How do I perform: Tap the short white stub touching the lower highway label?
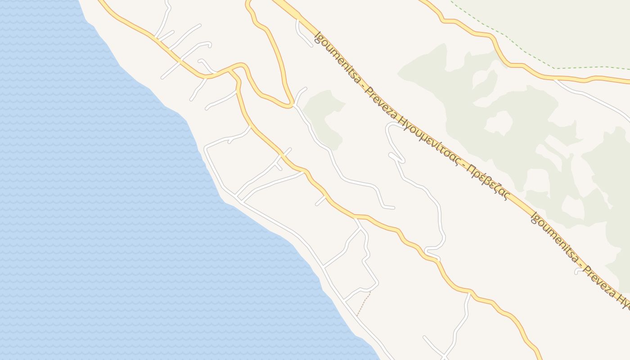(x=578, y=271)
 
